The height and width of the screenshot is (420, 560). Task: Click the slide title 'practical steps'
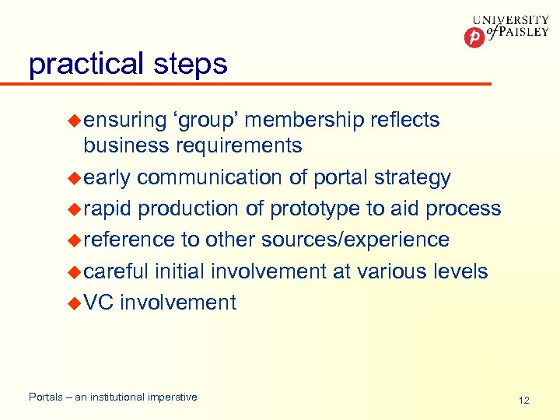coord(128,64)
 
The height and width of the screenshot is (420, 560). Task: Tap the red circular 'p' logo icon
coord(474,37)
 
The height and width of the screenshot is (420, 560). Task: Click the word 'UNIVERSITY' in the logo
coord(510,21)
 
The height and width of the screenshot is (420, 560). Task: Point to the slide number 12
coord(523,400)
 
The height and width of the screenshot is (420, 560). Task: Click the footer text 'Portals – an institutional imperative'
coord(113,397)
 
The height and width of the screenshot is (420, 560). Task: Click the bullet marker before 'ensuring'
coord(75,120)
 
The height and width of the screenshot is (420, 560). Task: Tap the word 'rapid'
coord(108,208)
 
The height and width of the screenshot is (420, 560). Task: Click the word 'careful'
coord(116,271)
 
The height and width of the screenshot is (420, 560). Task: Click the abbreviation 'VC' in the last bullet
coord(99,302)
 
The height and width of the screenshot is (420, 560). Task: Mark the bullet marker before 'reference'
coord(75,240)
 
